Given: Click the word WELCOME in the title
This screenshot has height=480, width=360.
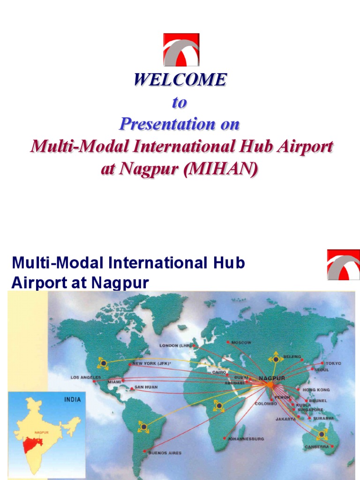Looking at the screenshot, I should point(180,80).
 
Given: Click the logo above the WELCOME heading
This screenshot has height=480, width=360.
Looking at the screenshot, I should point(181,49).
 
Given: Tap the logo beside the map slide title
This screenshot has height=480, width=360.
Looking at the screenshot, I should point(343,265).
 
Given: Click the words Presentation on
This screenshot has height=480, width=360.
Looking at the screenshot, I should point(180,124).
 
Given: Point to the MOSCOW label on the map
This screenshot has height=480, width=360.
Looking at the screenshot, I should point(241,342).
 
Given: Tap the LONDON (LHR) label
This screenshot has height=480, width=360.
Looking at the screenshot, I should point(175,346).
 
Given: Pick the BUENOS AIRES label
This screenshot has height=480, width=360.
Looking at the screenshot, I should point(164,453).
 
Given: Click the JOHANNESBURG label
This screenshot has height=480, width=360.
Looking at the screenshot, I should point(246,439).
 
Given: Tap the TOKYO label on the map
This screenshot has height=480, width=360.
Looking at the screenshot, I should point(334,363).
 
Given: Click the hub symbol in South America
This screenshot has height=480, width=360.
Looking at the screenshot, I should point(143,427).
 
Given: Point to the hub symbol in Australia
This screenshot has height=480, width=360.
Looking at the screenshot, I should point(322,435).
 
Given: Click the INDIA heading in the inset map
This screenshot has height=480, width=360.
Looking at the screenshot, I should point(72,400).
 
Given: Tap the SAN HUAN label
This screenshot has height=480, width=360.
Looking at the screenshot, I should point(146,388).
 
